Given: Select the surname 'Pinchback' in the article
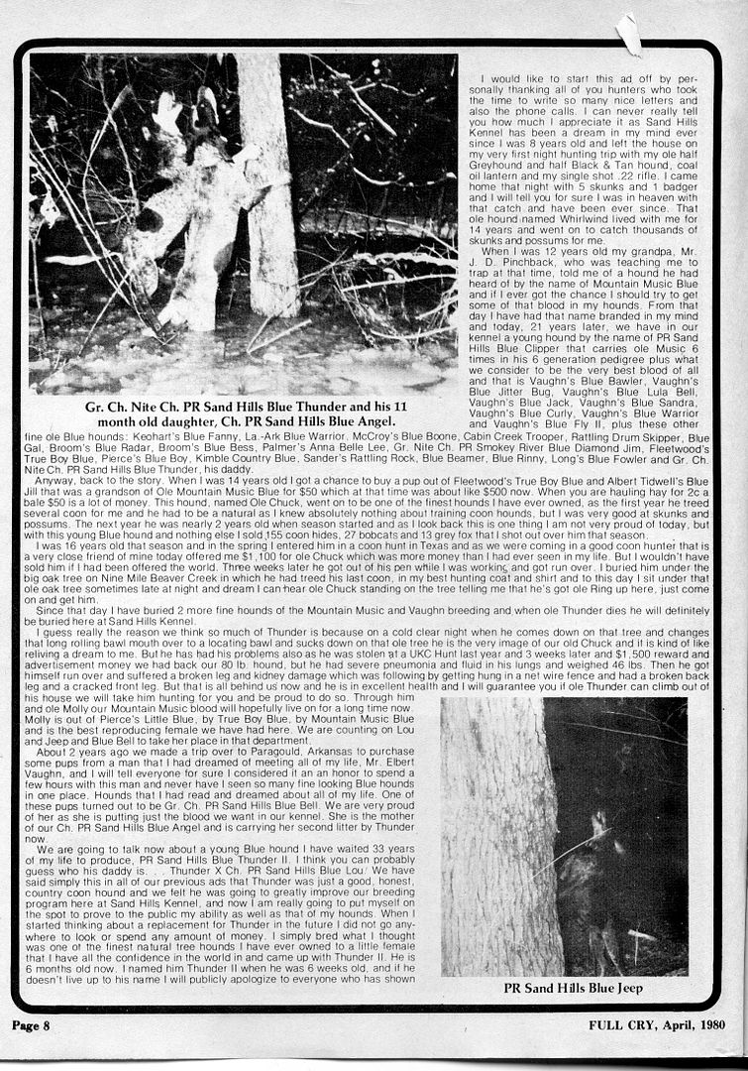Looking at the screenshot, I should pos(561,262).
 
